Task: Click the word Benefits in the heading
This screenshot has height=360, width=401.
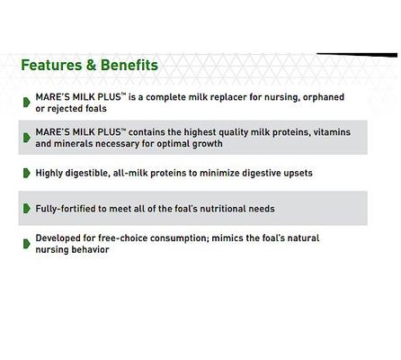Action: (129, 65)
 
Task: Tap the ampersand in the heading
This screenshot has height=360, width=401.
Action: (90, 65)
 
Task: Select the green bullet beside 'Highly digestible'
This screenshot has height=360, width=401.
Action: (27, 172)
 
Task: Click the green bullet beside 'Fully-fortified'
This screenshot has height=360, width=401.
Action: (27, 208)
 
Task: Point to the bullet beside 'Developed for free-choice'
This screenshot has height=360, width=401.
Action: (27, 243)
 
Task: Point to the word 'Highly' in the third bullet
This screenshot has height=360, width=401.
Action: (50, 173)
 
